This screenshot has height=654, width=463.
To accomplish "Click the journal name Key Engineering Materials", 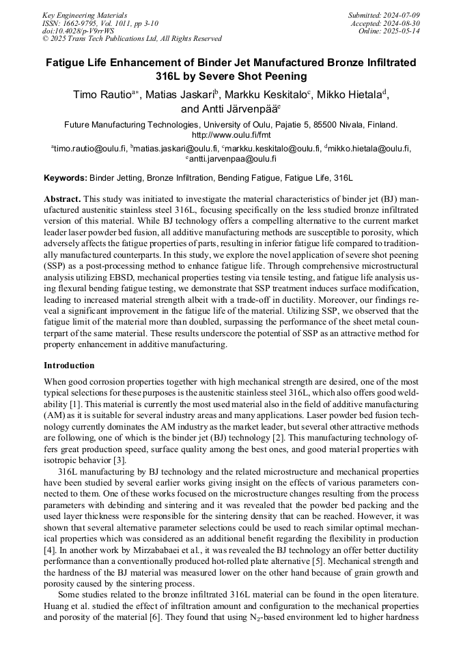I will coord(84,14).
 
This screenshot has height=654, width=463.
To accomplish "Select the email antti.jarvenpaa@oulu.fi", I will coord(232,158).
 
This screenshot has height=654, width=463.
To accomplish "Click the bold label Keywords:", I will coord(66,178).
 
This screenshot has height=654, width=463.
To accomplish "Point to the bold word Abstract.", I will coord(62,198).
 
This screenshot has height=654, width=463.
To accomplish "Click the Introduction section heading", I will coord(69,366).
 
